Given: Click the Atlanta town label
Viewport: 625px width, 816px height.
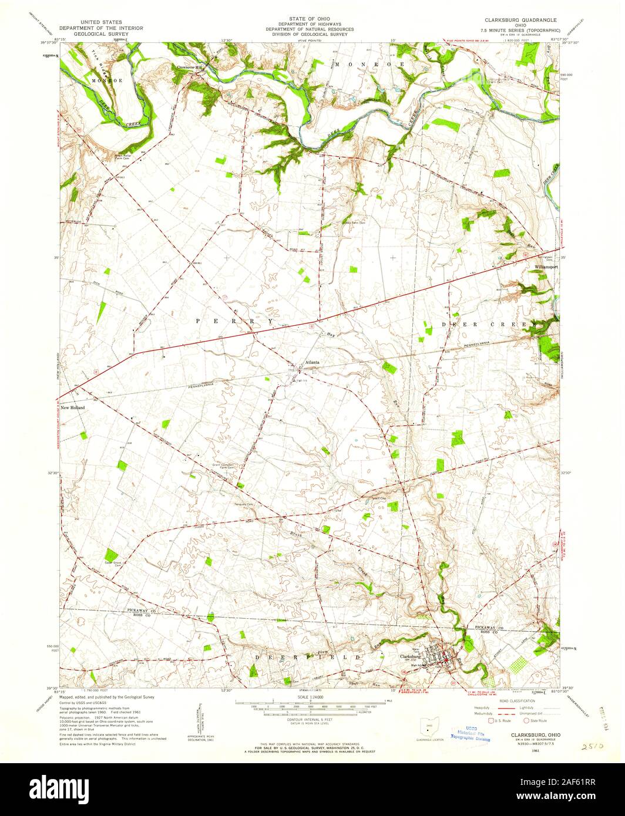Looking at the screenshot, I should [311, 362].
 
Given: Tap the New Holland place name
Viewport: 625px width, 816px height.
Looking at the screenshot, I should [72, 407].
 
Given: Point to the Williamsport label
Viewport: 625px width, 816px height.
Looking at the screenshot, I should [546, 267].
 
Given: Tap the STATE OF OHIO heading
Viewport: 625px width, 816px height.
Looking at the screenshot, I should [309, 19].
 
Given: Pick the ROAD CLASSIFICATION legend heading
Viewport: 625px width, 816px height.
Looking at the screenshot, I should [512, 700].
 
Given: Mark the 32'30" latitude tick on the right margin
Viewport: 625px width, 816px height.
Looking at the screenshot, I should [567, 473].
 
